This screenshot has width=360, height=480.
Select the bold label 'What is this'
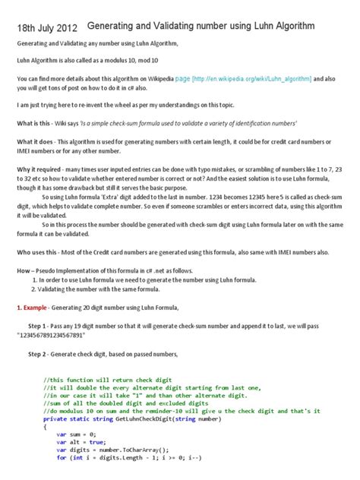pos(35,122)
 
